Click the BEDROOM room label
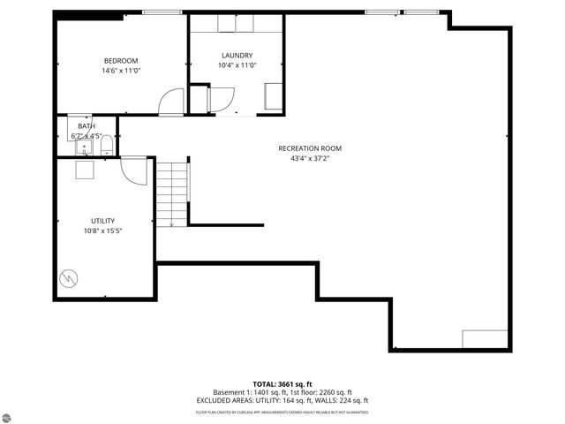120,60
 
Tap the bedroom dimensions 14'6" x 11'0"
120,71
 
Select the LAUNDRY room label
237,55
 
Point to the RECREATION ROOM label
309,148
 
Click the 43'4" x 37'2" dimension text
309,159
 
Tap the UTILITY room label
102,221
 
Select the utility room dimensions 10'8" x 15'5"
102,231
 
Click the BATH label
86,126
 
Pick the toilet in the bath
106,145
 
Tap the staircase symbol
172,193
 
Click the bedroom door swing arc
169,102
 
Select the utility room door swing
134,170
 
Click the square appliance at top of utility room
85,170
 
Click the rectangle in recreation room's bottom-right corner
486,339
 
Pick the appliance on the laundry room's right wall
274,96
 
